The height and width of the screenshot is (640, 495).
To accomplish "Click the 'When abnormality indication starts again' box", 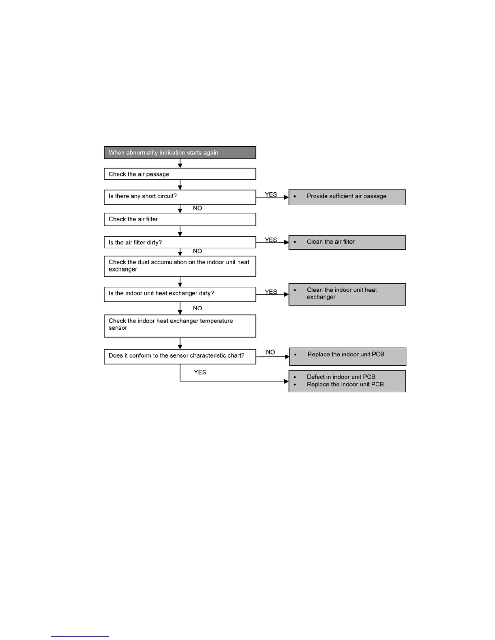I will (x=180, y=153).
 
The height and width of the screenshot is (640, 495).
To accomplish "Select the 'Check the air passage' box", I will (x=180, y=174).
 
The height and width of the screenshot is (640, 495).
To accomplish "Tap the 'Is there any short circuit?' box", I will (x=180, y=197).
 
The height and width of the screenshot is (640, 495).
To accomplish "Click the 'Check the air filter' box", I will (x=180, y=219).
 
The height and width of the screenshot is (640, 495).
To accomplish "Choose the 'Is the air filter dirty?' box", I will (x=180, y=242).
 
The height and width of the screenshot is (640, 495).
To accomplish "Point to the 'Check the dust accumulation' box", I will (x=180, y=266).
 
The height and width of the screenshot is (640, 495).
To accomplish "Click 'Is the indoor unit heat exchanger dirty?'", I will (x=180, y=294).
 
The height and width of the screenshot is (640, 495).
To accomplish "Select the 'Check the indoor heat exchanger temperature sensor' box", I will (x=180, y=326).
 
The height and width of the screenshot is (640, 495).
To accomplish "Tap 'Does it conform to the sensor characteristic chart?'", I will (x=180, y=356).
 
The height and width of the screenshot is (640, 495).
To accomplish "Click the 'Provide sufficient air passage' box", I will (x=347, y=197).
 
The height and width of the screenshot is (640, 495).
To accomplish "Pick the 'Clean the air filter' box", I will (x=347, y=242).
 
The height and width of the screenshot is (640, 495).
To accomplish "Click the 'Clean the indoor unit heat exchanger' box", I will (x=347, y=294).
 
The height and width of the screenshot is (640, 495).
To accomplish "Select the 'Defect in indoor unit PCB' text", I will (x=341, y=377).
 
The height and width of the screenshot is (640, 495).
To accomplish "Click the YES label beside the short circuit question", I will (x=271, y=194).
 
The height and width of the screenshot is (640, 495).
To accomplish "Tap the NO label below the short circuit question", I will (x=197, y=208).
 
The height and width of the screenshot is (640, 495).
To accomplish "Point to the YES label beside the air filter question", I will (x=271, y=240).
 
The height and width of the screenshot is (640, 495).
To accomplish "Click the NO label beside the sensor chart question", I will (x=271, y=352).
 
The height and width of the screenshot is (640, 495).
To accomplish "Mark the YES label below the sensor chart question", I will (x=200, y=372).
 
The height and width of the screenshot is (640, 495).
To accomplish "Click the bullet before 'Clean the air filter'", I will (x=295, y=242).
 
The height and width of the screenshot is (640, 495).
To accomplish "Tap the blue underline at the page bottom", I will (x=80, y=636).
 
